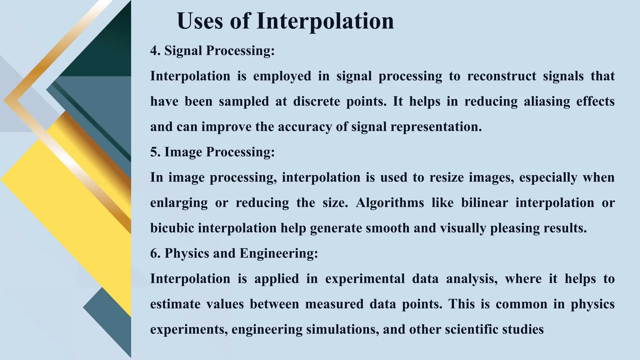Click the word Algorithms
(x=390, y=203)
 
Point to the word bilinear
(x=484, y=203)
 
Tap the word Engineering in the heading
(x=278, y=253)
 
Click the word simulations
(x=342, y=329)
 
